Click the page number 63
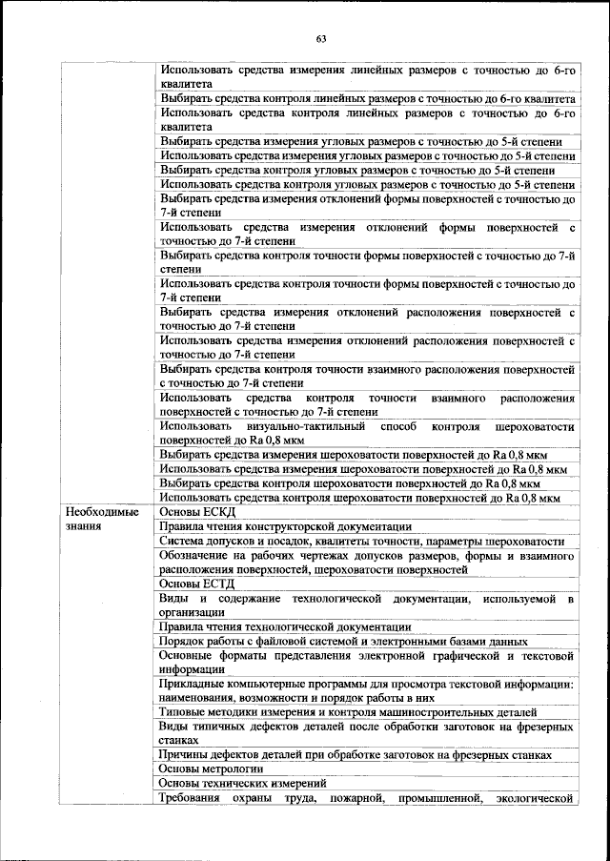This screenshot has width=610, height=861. pos(321,39)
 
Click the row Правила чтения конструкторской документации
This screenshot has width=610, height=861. pos(285,526)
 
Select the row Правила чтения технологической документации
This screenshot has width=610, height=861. pos(285,627)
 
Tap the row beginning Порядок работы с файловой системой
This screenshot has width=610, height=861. pos(343,642)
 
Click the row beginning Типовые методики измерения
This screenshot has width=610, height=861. pos(348,712)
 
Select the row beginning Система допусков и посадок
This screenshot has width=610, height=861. pos(362,541)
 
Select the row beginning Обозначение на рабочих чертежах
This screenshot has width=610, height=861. pos(367,563)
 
